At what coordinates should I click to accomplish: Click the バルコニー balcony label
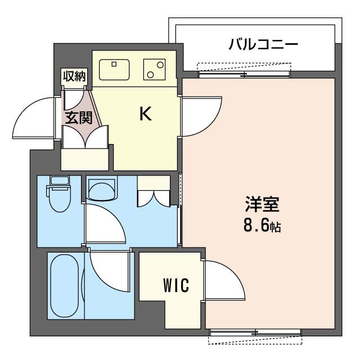click(x=263, y=44)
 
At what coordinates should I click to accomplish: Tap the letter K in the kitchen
click(x=146, y=114)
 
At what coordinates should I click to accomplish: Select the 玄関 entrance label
click(x=79, y=118)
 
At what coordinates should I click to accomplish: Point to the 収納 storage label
click(x=74, y=76)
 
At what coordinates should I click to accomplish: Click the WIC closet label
click(x=176, y=285)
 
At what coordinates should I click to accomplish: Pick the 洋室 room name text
click(x=262, y=204)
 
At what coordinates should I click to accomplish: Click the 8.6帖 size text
click(x=262, y=226)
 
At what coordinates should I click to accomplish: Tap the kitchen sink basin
click(x=114, y=70)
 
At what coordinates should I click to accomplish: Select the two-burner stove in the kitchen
click(x=155, y=70)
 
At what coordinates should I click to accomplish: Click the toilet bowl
click(x=60, y=200)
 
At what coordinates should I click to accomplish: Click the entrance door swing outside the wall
click(x=34, y=118)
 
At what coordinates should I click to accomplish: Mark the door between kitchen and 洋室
click(x=201, y=117)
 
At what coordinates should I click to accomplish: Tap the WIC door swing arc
click(x=224, y=280)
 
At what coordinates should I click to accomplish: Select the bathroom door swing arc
click(x=109, y=272)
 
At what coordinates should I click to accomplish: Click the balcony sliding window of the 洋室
click(x=244, y=74)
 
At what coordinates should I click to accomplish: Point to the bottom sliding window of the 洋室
click(x=255, y=332)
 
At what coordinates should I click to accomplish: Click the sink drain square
click(x=114, y=64)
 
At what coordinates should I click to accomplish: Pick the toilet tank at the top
click(x=60, y=181)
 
